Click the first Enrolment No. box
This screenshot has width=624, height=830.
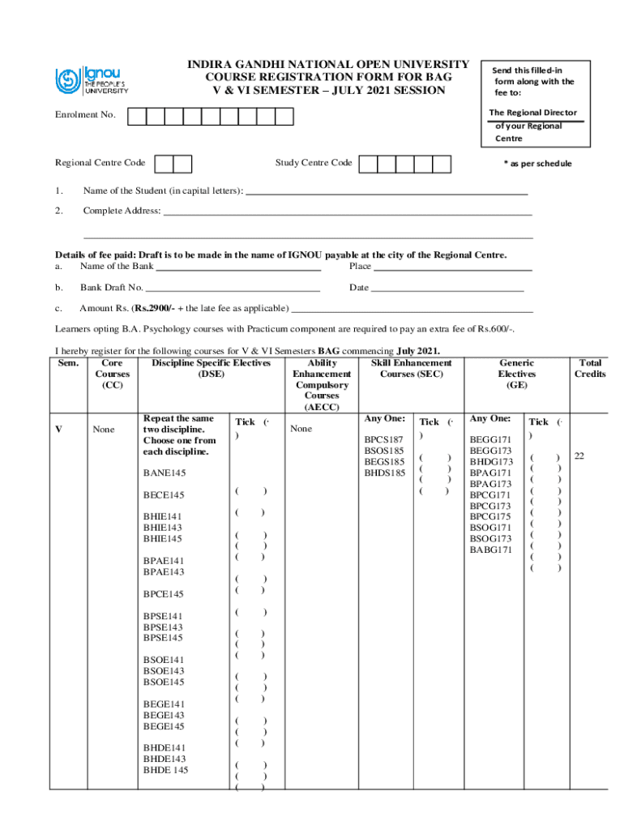click(138, 116)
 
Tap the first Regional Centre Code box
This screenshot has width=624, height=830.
click(164, 164)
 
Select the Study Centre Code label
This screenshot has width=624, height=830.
click(313, 163)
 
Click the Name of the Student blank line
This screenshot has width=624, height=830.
click(387, 193)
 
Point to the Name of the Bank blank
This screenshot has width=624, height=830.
click(238, 267)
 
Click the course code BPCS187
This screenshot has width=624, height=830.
click(384, 439)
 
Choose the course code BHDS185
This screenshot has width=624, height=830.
click(384, 473)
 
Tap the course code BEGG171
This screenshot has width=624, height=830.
click(490, 439)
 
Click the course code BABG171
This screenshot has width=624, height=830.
click(490, 550)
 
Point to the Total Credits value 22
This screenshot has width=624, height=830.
click(579, 456)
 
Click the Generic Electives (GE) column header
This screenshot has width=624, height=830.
click(516, 374)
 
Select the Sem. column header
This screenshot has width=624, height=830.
click(68, 363)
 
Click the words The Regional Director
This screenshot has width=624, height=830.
click(532, 113)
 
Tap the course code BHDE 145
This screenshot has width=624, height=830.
click(165, 770)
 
